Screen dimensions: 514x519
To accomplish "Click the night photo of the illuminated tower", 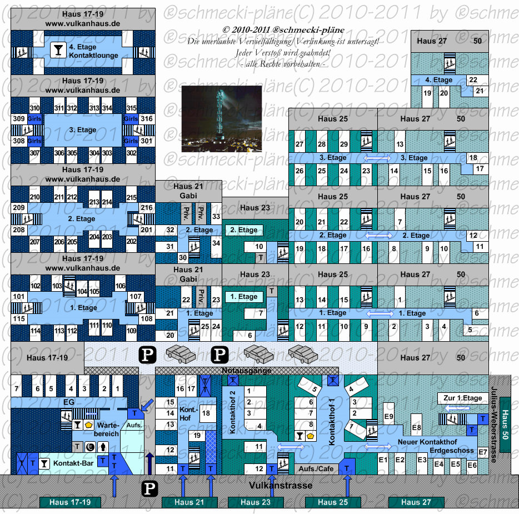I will [221, 119].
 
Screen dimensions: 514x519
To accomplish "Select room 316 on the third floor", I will [146, 119].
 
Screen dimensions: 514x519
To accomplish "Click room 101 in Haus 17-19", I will [19, 297].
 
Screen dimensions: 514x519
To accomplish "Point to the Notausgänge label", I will [247, 371].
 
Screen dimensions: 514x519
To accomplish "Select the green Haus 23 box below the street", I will [255, 502].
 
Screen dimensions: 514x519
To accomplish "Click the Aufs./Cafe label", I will [316, 469].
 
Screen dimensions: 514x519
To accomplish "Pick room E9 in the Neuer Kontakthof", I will [389, 417].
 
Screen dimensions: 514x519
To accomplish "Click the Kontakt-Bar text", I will [74, 463].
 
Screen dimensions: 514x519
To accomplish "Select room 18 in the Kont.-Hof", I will [206, 413].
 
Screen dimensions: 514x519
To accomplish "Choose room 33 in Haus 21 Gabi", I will [216, 217].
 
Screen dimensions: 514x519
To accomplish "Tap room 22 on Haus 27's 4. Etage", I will [473, 80].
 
